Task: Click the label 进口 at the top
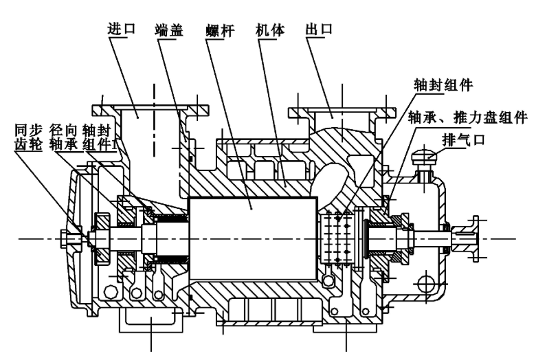120,30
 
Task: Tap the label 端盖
169,30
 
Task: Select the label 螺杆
219,31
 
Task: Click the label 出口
317,30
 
